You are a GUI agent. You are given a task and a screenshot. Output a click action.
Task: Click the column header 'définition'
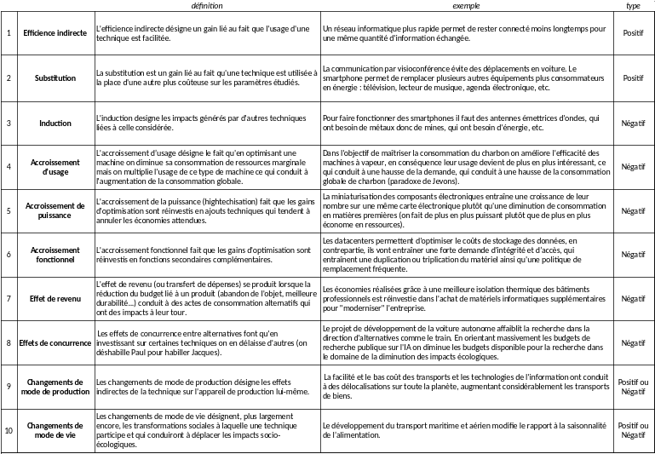(208, 5)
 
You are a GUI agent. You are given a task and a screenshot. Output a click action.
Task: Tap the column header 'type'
(633, 5)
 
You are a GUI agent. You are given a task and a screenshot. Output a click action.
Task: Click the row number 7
(9, 299)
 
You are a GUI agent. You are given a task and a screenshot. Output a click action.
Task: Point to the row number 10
(9, 430)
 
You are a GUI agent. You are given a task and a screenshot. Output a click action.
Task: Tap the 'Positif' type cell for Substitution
(633, 78)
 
